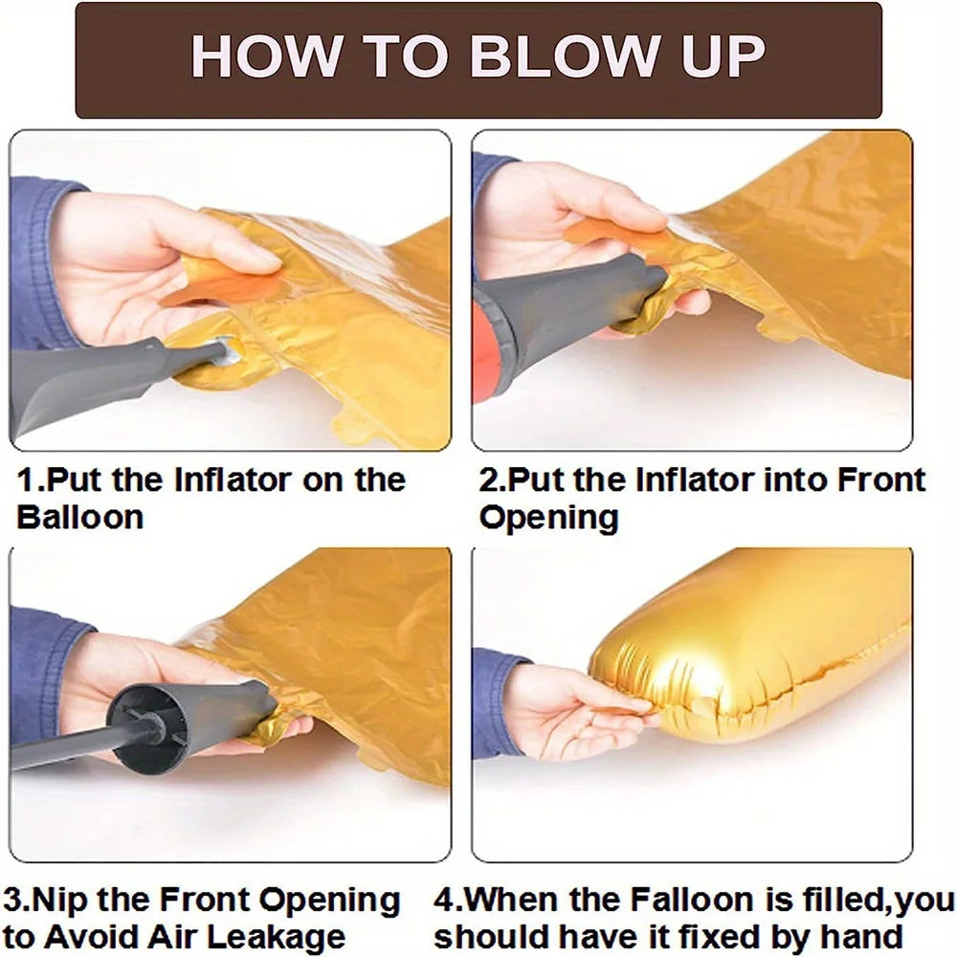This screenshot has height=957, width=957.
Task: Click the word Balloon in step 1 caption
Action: tap(80, 517)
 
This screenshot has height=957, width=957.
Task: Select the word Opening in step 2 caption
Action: tap(548, 518)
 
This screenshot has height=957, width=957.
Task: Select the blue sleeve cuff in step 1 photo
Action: tap(36, 262)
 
